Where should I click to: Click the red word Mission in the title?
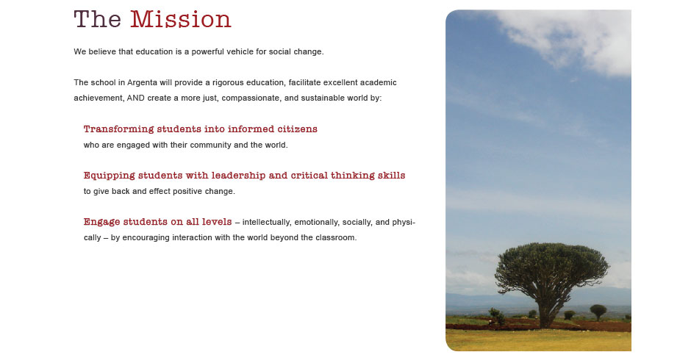181,20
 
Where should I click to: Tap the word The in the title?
97,20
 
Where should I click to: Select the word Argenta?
143,83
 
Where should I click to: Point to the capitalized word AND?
136,98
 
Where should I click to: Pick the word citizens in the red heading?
297,129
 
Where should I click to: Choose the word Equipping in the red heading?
109,176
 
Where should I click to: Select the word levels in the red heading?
217,222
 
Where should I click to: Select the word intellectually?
267,223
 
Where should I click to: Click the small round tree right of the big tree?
598,311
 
